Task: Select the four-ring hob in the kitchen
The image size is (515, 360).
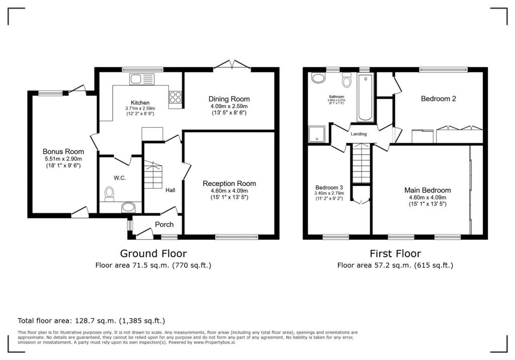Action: click(176, 97)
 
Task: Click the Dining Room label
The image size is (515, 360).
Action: click(229, 99)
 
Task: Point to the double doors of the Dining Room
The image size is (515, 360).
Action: click(232, 65)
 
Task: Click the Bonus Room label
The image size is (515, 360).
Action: click(63, 151)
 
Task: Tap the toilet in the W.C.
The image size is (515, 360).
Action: click(109, 193)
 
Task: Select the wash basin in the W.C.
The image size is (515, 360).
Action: click(129, 207)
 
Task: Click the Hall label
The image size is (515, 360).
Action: click(170, 191)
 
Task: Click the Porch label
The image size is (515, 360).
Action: click(164, 224)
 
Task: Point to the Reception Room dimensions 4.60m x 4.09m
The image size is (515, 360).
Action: click(229, 191)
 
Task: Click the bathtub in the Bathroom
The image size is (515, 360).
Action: click(366, 97)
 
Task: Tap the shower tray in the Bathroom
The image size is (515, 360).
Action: click(317, 134)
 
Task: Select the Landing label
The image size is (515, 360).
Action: click(359, 134)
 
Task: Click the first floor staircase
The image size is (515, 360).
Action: click(361, 163)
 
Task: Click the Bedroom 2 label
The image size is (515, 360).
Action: click(438, 99)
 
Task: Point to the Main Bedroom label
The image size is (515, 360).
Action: click(427, 190)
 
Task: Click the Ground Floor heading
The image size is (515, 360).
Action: click(153, 253)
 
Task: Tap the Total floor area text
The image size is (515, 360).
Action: click(91, 320)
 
